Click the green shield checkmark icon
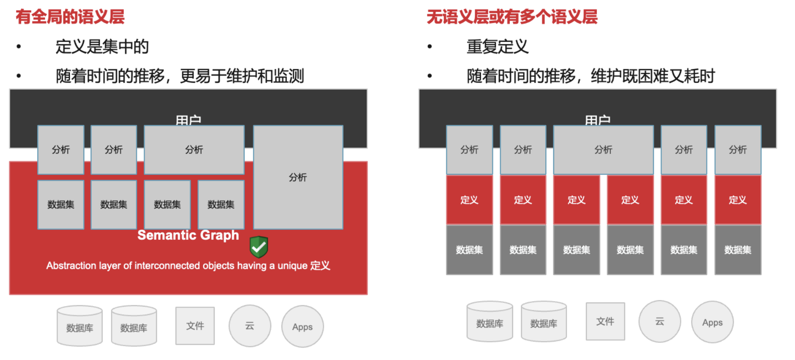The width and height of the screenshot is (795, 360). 259,247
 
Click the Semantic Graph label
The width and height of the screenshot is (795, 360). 188,235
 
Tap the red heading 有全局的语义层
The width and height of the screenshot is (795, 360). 70,17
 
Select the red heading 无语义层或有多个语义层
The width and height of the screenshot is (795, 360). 512,17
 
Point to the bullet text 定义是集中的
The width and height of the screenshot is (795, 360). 102,46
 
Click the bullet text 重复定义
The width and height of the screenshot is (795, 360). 497,46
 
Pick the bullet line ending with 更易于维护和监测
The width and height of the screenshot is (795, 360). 180,76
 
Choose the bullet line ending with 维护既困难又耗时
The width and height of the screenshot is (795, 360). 590,76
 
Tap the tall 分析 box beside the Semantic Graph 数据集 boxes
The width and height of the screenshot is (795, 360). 298,177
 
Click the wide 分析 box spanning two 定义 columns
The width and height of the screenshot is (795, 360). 603,150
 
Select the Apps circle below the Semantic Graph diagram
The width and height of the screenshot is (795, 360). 303,327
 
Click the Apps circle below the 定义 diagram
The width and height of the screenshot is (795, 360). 712,322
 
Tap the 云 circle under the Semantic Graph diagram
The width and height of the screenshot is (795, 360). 250,326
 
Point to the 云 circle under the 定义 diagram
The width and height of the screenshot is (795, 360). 660,321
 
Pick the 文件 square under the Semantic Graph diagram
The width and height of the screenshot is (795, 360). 195,326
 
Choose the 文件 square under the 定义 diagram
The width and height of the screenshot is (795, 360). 605,321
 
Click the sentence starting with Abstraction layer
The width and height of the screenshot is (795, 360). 188,266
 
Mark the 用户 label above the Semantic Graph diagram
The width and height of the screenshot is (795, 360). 188,120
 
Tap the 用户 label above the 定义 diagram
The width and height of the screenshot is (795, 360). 597,120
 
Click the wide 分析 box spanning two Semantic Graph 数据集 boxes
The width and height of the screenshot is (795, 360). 194,150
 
